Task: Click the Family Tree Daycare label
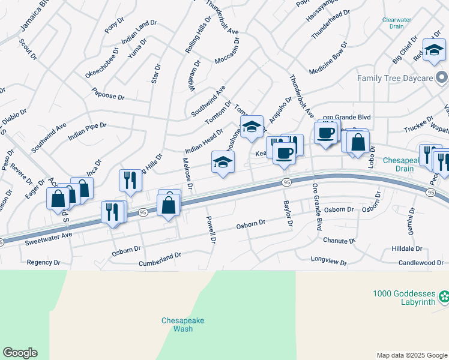394,78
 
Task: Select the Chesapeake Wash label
183,325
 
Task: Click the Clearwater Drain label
396,23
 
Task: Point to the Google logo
20,353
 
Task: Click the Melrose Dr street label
187,174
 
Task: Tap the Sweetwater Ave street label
49,237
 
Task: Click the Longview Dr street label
329,260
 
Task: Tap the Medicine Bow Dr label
328,58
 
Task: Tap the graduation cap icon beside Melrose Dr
223,161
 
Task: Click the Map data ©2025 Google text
411,355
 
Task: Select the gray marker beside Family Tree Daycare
442,77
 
